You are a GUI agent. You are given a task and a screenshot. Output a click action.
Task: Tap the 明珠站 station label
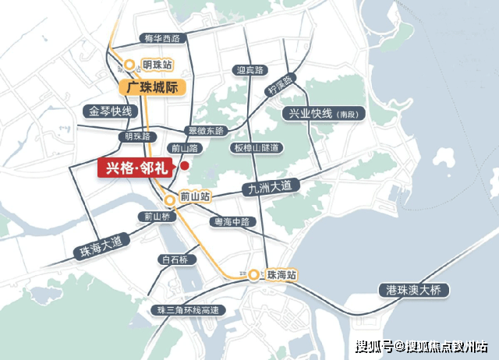(157, 65)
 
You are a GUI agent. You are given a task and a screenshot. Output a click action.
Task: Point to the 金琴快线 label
(111, 111)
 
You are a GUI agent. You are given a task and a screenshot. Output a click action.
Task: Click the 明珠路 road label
(133, 136)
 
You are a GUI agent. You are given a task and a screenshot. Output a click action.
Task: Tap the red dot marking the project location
(185, 165)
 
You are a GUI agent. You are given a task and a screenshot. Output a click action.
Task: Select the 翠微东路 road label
(205, 130)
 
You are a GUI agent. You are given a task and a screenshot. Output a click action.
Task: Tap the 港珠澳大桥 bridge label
(413, 291)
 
